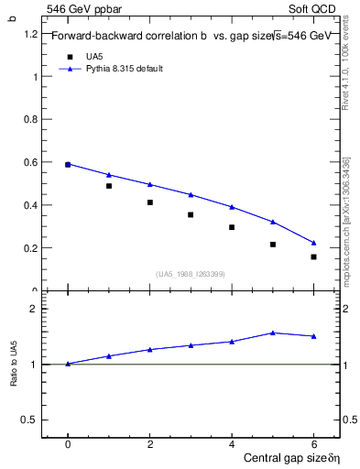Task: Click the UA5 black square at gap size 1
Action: tap(109, 186)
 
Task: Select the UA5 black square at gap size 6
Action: tap(313, 256)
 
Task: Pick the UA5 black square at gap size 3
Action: tap(191, 215)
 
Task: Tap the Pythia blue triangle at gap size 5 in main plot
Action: tap(273, 222)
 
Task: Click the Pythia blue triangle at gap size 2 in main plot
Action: tap(150, 184)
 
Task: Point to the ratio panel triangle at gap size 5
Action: tap(273, 333)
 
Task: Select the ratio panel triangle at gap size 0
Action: tap(68, 364)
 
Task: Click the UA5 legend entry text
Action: tap(94, 57)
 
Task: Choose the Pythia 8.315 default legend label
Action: tap(125, 69)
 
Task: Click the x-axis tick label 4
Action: tap(232, 443)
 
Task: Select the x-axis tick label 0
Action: tap(68, 443)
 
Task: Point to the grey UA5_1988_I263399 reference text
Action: tap(191, 273)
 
